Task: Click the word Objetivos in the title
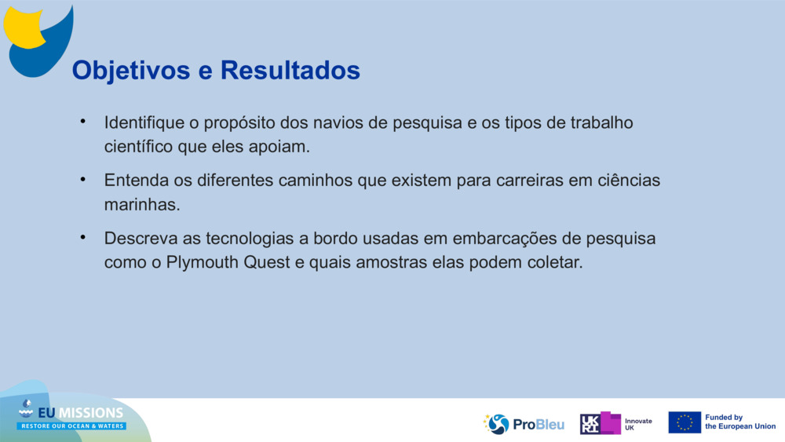[x=131, y=71]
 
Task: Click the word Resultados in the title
[x=290, y=71]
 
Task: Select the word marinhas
[x=142, y=204]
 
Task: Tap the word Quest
[x=268, y=262]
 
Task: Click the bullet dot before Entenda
[x=82, y=180]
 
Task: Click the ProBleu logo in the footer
[x=524, y=424]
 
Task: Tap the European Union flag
[x=684, y=422]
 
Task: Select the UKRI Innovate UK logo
[x=616, y=423]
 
